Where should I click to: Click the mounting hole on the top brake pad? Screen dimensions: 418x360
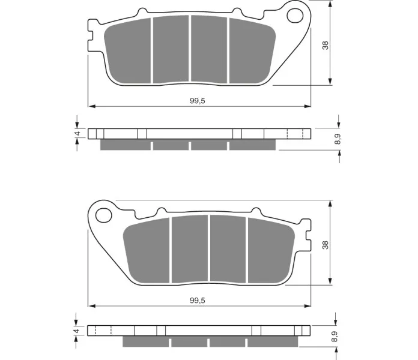pos(295,16)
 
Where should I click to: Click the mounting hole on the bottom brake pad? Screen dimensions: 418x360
pos(103,215)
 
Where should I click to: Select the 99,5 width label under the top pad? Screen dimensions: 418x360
pos(198,101)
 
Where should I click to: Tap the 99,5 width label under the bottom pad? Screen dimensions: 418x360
pos(198,301)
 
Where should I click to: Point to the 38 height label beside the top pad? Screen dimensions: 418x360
pos(326,45)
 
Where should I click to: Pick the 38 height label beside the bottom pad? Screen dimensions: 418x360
pos(326,245)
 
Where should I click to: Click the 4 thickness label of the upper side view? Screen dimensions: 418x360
pos(77,133)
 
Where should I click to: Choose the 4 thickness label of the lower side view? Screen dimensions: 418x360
pos(77,331)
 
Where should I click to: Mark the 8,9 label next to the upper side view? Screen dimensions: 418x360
pos(338,139)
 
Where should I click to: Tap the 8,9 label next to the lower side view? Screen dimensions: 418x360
pos(335,337)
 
